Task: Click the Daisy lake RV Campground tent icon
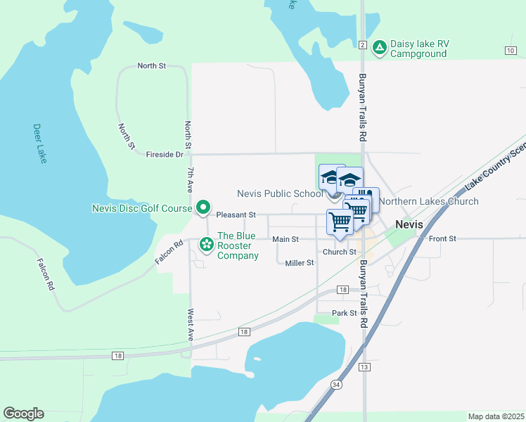click(x=379, y=47)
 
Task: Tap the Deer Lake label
click(x=39, y=143)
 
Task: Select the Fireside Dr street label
click(x=164, y=154)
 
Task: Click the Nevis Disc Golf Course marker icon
click(x=203, y=207)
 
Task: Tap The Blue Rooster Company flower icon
click(x=207, y=244)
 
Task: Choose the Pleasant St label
click(x=236, y=215)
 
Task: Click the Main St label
click(x=286, y=239)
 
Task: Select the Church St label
click(x=339, y=252)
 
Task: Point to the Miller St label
click(x=300, y=263)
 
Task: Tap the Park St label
click(x=344, y=313)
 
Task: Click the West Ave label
click(x=190, y=325)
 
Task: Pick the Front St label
click(x=442, y=239)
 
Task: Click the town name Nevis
click(x=409, y=224)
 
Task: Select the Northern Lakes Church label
click(x=428, y=201)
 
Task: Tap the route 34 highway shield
click(x=337, y=385)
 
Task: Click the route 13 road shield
click(x=364, y=367)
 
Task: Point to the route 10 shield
click(x=510, y=50)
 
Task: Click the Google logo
click(x=23, y=414)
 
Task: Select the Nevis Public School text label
click(x=280, y=193)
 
